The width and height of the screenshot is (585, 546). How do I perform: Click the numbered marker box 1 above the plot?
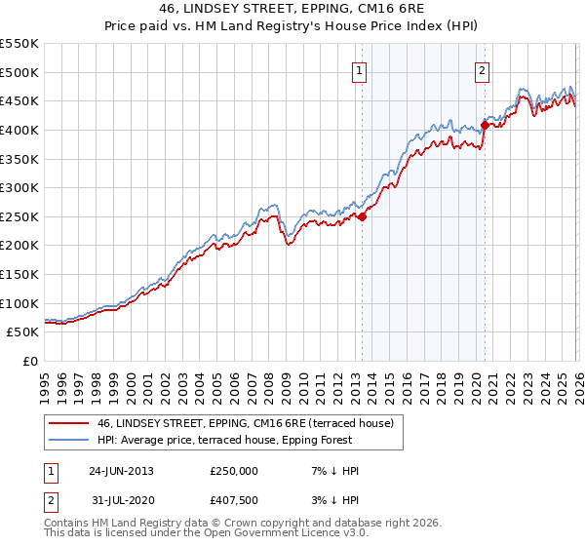(x=361, y=69)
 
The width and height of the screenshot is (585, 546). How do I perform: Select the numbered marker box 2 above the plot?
(x=483, y=69)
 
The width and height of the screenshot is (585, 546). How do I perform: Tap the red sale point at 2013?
(x=362, y=216)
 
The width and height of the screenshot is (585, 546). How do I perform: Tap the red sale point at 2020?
(x=485, y=125)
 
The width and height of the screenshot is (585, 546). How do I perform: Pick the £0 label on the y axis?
(x=29, y=361)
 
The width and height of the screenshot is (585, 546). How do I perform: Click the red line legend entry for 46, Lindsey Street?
(x=244, y=423)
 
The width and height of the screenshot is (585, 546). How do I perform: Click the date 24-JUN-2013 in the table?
(x=121, y=471)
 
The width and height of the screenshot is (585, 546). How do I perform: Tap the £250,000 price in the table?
(x=234, y=471)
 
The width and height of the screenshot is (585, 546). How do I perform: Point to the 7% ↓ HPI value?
(x=331, y=471)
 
